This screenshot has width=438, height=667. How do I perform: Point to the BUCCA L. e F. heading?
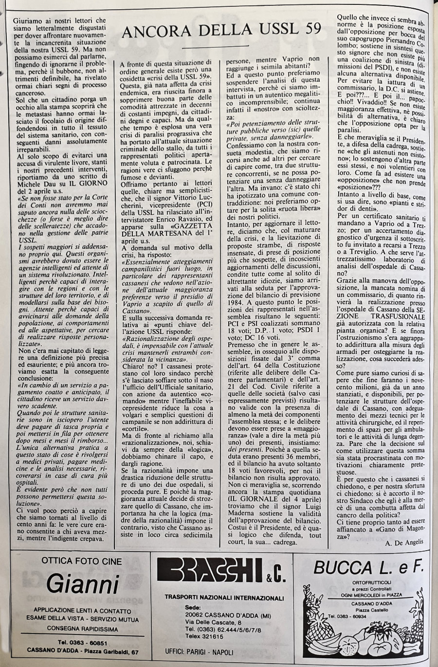[x=370, y=566]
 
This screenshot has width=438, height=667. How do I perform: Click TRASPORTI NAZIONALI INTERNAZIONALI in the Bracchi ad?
[x=224, y=597]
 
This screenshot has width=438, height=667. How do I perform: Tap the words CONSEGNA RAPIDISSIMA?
[x=82, y=628]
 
